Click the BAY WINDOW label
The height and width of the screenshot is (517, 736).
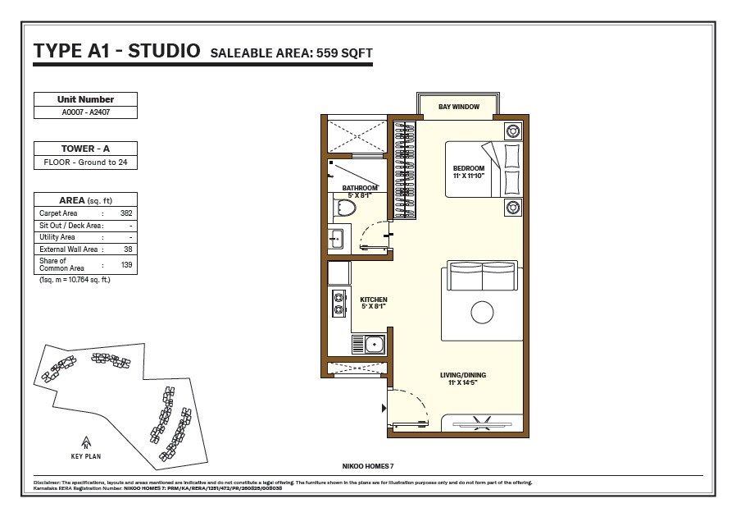click(459, 107)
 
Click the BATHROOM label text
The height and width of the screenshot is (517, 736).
click(359, 188)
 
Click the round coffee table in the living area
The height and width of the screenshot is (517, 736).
click(482, 312)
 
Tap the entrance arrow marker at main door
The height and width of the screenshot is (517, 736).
click(384, 407)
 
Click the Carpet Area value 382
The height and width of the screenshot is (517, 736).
click(126, 213)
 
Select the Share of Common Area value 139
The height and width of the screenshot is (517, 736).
click(126, 265)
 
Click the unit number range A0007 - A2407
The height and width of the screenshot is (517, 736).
click(85, 112)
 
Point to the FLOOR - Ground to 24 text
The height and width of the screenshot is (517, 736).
click(85, 162)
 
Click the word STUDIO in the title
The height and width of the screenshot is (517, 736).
click(161, 51)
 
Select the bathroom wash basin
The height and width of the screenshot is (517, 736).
click(336, 240)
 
